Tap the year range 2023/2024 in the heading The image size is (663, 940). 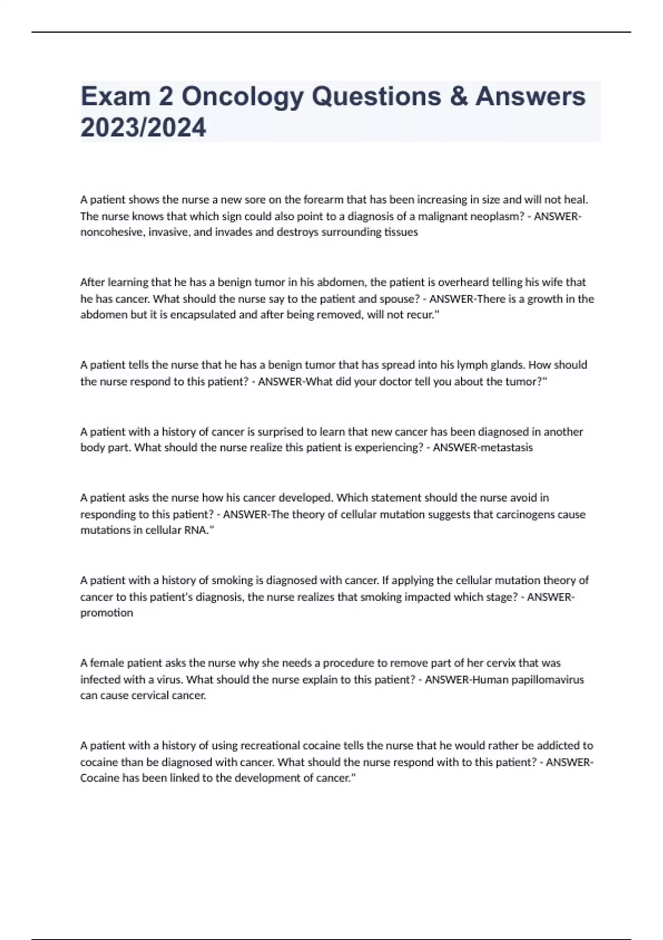[143, 128]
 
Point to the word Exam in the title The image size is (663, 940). [115, 97]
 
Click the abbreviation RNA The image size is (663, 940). [195, 530]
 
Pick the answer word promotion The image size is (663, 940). [107, 613]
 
